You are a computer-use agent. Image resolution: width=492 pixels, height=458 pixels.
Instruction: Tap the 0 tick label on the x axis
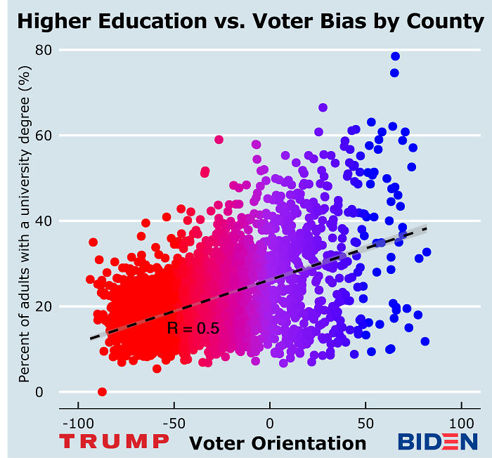point(270,426)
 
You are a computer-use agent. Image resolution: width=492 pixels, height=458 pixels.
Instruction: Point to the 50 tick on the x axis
point(365,426)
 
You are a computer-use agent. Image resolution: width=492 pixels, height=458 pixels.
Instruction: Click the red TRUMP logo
point(114,442)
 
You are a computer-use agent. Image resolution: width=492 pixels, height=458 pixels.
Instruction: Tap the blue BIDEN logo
point(437,442)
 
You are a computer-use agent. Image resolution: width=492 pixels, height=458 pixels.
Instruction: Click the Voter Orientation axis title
point(278,443)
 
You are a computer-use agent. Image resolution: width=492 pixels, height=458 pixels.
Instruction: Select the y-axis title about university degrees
point(25,219)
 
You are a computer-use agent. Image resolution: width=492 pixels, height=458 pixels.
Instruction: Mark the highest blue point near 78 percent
point(396,56)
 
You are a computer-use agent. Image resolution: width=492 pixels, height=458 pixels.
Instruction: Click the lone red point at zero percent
point(103,392)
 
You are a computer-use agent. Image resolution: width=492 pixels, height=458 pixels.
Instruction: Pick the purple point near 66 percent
point(323,107)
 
